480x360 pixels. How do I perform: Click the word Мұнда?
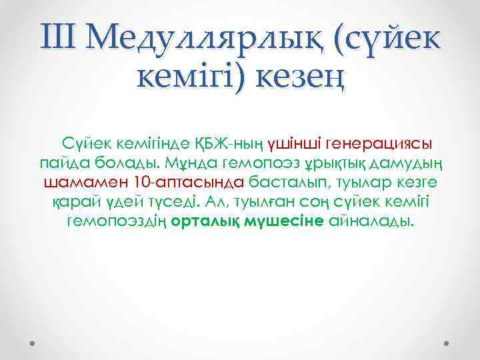pos(187,163)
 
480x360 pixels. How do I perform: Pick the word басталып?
pos(282,182)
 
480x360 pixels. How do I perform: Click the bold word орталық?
pos(207,221)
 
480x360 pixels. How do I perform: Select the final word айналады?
pos(372,221)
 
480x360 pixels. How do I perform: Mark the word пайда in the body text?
pos(61,163)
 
